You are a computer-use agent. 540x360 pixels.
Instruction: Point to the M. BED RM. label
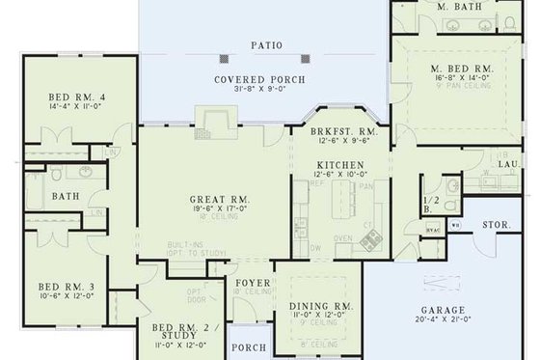(x=462, y=69)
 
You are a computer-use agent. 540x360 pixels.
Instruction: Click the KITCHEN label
(x=340, y=165)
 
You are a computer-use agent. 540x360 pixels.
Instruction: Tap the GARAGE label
(x=449, y=310)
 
